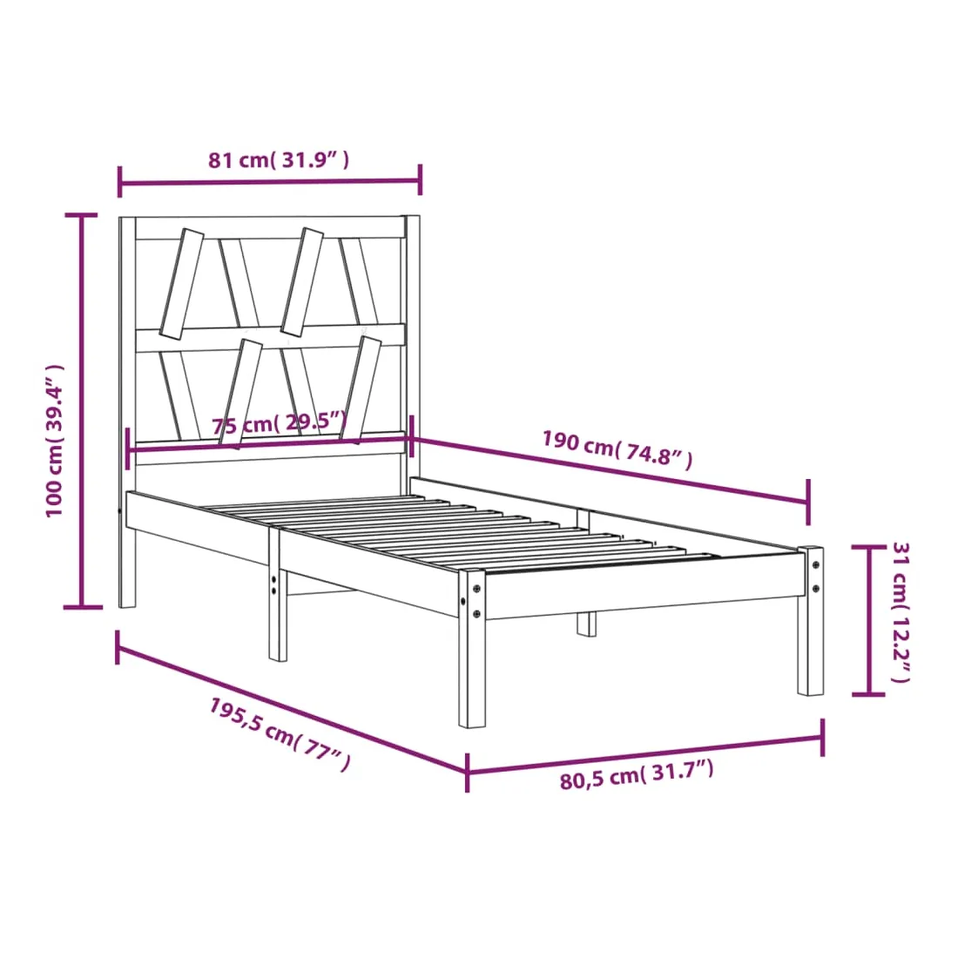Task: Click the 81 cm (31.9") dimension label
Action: pyautogui.click(x=279, y=159)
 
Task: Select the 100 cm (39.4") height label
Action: pyautogui.click(x=54, y=441)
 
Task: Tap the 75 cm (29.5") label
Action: pyautogui.click(x=280, y=422)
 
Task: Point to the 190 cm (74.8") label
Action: pyautogui.click(x=617, y=449)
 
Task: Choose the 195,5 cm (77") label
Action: pyautogui.click(x=280, y=734)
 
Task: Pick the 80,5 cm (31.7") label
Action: pyautogui.click(x=637, y=775)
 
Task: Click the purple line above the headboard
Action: pyautogui.click(x=269, y=181)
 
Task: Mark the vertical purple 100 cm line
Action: pyautogui.click(x=82, y=410)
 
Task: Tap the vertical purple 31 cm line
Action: pyautogui.click(x=868, y=620)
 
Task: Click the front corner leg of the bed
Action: pyautogui.click(x=472, y=648)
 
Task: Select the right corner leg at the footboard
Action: pyautogui.click(x=810, y=621)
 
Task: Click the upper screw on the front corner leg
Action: pyautogui.click(x=476, y=590)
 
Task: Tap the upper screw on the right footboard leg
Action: pyautogui.click(x=815, y=565)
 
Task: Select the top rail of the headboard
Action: pyautogui.click(x=270, y=227)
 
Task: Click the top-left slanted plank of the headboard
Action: pyautogui.click(x=181, y=284)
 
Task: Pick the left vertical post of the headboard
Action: pyautogui.click(x=127, y=412)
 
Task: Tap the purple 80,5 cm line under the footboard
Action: pyautogui.click(x=645, y=755)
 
